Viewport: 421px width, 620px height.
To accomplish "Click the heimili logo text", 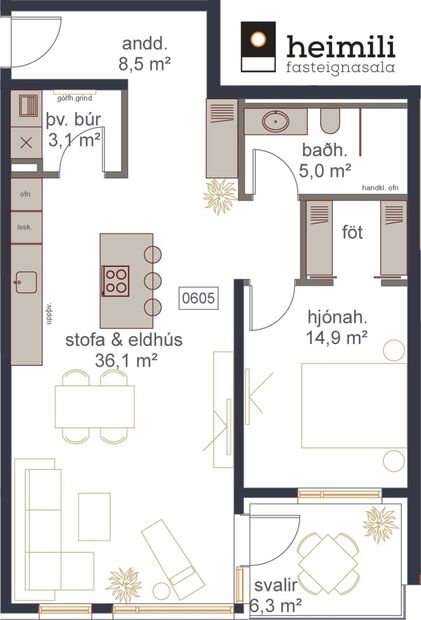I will coord(340,45).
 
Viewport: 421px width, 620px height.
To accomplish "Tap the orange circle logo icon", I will coord(259,43).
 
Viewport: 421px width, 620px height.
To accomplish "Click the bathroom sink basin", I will coord(275,121).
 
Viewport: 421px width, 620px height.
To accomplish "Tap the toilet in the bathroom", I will coord(333,120).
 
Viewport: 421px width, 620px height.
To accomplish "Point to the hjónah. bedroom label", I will coord(338,319).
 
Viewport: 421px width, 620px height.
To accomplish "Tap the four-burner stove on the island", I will coord(116,279).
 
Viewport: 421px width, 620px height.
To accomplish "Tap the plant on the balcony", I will coord(380,523).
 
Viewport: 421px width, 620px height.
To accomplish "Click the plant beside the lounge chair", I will coord(124,583).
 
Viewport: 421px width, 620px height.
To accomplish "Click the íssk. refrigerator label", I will coord(23,227).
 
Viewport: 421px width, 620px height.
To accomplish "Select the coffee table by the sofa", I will coord(94,516).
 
